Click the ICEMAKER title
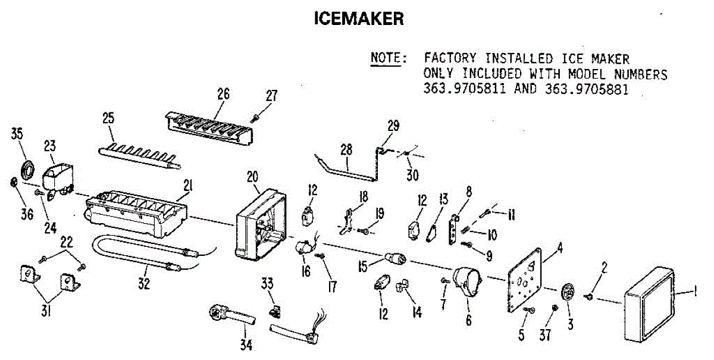click(x=359, y=19)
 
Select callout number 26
click(x=223, y=93)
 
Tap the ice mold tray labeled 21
click(x=137, y=214)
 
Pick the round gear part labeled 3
click(x=568, y=293)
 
